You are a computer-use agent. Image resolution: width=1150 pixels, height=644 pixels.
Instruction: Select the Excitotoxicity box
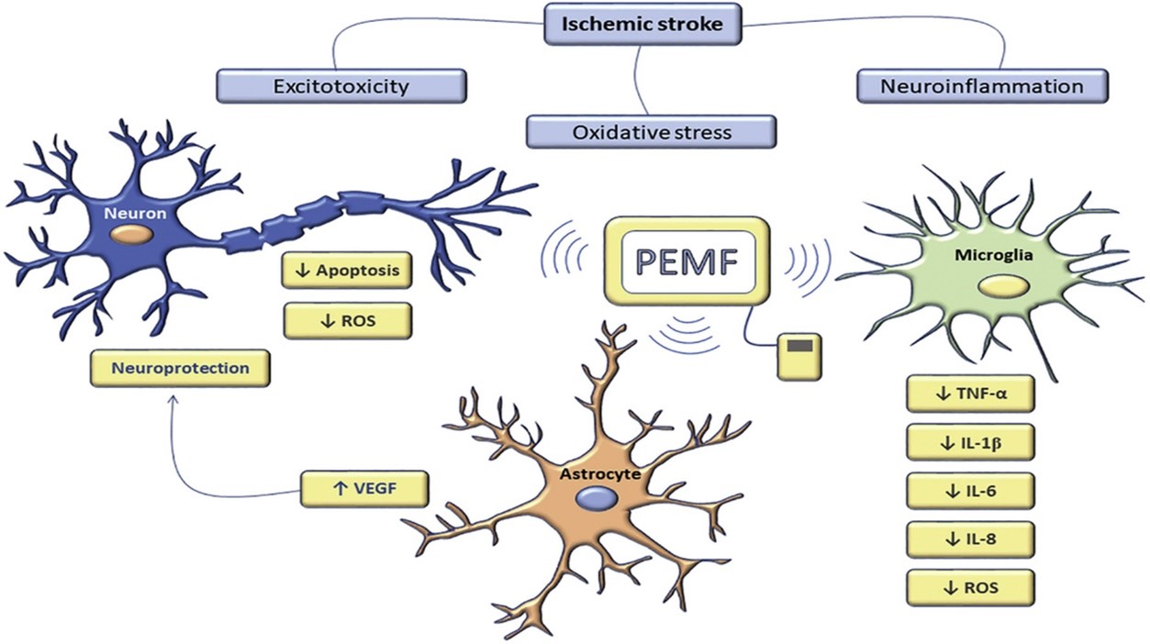click(x=341, y=86)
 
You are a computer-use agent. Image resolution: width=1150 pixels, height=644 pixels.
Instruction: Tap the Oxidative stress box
click(x=652, y=131)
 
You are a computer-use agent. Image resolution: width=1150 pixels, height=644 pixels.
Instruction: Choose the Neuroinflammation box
click(x=981, y=86)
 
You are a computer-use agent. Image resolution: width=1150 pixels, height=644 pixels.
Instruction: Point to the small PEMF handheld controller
click(x=799, y=356)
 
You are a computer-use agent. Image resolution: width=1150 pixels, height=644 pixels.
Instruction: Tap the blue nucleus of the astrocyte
click(x=596, y=498)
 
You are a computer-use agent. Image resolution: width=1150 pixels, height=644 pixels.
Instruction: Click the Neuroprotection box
click(x=180, y=368)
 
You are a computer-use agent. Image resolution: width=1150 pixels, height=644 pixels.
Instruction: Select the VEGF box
click(x=364, y=488)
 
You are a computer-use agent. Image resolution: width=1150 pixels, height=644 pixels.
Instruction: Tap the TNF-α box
click(x=969, y=394)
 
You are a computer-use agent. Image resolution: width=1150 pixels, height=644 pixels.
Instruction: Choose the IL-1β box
click(x=969, y=442)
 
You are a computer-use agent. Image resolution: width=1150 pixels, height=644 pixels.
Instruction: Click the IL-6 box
click(x=969, y=490)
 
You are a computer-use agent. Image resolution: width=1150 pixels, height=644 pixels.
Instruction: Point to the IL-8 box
click(x=969, y=539)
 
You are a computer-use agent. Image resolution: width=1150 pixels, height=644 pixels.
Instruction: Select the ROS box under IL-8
click(x=969, y=587)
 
